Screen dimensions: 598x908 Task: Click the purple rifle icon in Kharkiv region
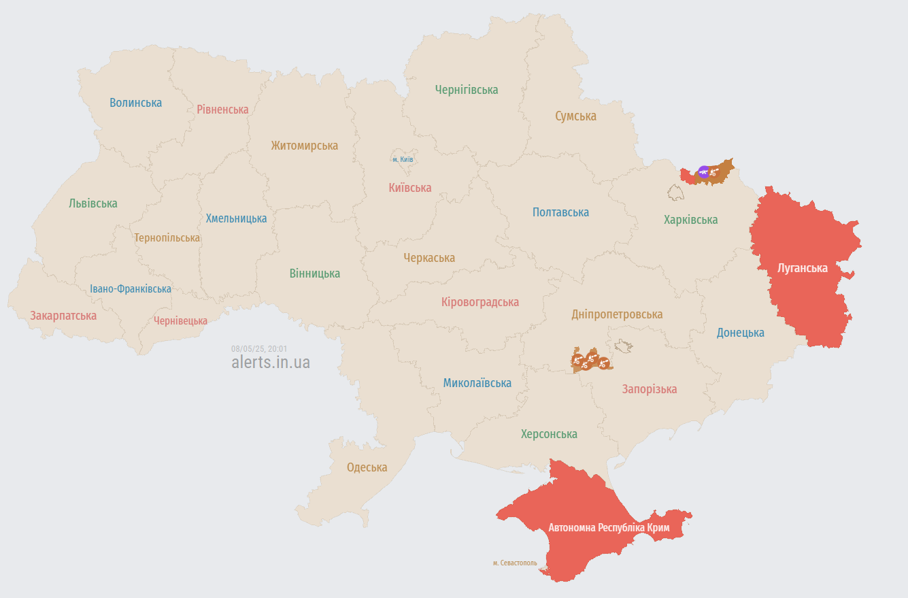[703, 171]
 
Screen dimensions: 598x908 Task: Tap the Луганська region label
[803, 268]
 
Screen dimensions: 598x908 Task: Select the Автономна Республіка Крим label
[609, 528]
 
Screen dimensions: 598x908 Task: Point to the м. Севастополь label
[515, 563]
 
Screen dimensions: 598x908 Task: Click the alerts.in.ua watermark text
[271, 362]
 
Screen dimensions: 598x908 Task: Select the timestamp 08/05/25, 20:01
[259, 348]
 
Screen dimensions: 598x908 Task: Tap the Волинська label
[136, 103]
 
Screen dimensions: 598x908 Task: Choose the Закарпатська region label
[63, 316]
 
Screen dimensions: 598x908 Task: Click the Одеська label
[367, 467]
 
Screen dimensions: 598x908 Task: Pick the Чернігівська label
[467, 90]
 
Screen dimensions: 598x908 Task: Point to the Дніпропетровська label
[617, 314]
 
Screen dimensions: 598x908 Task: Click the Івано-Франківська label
[131, 289]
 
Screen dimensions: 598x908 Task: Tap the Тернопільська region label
[167, 238]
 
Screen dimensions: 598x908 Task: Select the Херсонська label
[549, 434]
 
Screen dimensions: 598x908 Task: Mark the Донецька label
[740, 333]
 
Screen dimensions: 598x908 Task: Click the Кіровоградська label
[480, 302]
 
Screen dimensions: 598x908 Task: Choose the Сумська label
[575, 116]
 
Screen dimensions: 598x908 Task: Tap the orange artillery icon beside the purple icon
[714, 173]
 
